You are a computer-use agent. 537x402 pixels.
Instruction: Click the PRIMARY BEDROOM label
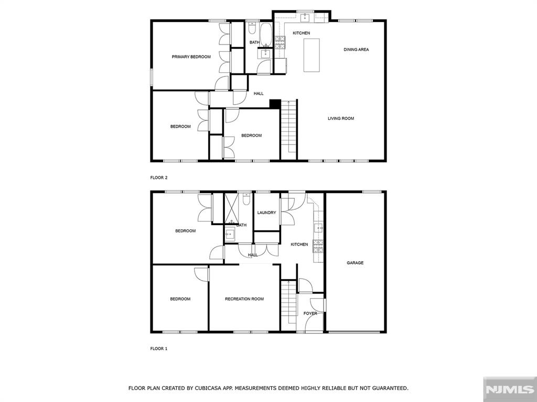tap(191, 57)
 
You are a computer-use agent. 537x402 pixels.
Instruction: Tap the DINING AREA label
tap(356, 50)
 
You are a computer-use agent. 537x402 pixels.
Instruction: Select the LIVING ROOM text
tap(341, 119)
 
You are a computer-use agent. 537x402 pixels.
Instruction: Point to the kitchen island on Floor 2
tap(312, 55)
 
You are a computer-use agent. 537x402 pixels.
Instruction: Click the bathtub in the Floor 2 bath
tap(265, 34)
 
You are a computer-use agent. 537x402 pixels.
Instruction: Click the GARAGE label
tap(355, 263)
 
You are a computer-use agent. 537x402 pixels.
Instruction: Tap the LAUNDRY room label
tap(266, 213)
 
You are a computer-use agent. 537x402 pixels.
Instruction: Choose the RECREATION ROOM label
tap(244, 299)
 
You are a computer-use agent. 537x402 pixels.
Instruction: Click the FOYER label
tap(310, 314)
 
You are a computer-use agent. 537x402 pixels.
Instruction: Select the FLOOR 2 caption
tap(159, 178)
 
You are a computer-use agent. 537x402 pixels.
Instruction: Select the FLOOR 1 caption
tap(159, 349)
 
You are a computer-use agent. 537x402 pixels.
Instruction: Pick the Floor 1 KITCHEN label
tap(299, 244)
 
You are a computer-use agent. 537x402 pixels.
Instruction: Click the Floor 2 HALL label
tap(259, 94)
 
